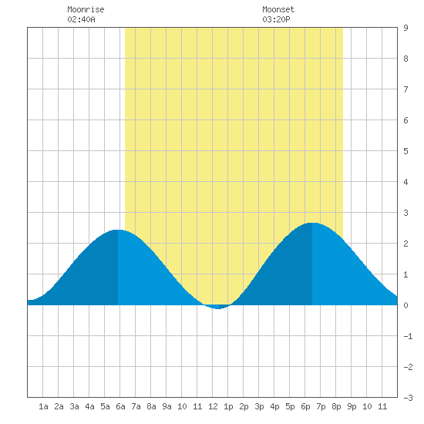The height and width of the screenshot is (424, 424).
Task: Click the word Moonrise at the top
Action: coord(86,9)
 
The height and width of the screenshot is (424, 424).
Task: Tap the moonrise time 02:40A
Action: coord(81,19)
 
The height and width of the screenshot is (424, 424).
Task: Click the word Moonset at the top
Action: coord(278,9)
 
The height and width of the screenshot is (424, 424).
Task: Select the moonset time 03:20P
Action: coord(276,19)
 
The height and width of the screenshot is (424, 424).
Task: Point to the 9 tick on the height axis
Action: coord(405,28)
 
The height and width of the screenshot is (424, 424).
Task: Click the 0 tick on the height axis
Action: coord(405,305)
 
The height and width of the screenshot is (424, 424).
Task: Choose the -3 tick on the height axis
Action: coord(408,398)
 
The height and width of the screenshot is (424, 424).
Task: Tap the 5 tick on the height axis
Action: coord(405,151)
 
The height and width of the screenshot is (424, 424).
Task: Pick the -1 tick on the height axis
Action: coord(408,336)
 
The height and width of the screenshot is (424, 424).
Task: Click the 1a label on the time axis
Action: coord(43,406)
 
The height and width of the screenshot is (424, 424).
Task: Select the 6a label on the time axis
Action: coord(120,406)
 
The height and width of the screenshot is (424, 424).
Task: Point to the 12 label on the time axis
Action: coord(213,406)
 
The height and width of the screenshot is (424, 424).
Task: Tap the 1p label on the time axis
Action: coord(228,406)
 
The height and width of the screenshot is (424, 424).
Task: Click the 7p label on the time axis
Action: coord(321,406)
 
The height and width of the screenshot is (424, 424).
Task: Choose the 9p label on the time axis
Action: coord(352,406)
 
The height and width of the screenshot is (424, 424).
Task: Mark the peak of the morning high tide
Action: coord(118,231)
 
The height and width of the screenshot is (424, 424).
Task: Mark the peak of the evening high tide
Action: coord(312,224)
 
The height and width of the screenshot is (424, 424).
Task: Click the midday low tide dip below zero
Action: coord(218,308)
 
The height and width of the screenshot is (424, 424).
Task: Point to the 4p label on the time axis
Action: coord(274,406)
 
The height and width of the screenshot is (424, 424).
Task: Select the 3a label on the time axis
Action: coord(74,406)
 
